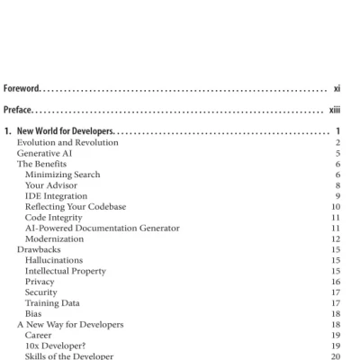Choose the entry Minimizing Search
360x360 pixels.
point(62,175)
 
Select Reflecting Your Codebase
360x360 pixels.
point(76,206)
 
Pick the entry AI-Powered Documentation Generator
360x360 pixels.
point(102,228)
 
